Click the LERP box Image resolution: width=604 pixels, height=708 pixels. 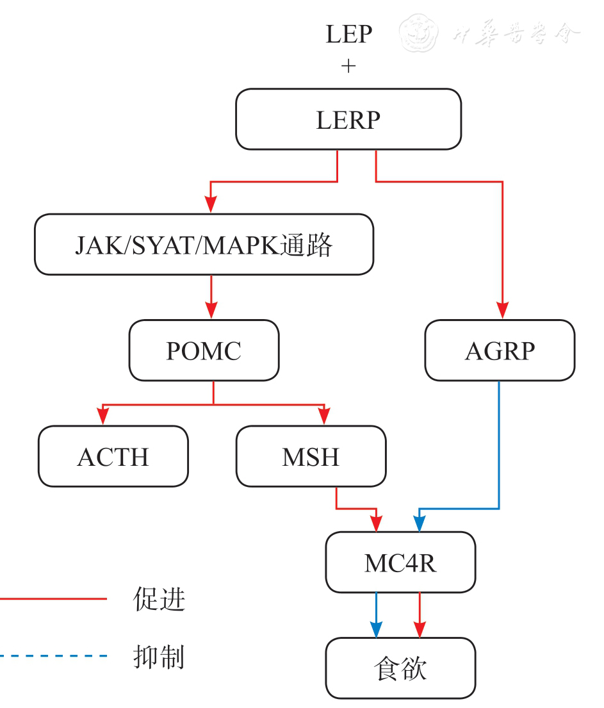click(348, 119)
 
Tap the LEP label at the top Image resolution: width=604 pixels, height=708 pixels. click(348, 34)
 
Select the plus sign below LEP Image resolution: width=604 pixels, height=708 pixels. click(348, 66)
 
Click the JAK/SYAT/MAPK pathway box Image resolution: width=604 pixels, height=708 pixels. click(204, 245)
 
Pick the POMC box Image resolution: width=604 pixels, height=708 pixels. click(204, 350)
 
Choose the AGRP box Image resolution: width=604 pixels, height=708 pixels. click(500, 350)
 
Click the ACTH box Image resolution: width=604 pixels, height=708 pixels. click(113, 457)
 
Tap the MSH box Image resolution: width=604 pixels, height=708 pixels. click(311, 457)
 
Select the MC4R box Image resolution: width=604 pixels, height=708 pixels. click(400, 563)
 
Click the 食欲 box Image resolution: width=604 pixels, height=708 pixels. click(400, 669)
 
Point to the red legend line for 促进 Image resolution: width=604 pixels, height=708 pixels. click(51, 599)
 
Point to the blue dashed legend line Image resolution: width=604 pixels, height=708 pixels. click(51, 656)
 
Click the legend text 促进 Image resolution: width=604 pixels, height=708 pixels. click(159, 599)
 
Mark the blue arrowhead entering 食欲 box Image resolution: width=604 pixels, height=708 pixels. click(376, 629)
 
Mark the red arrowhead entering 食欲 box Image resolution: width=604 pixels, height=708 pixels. click(420, 629)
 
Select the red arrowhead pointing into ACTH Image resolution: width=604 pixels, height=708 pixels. click(102, 417)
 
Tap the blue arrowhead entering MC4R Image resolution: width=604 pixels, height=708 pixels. click(419, 523)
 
